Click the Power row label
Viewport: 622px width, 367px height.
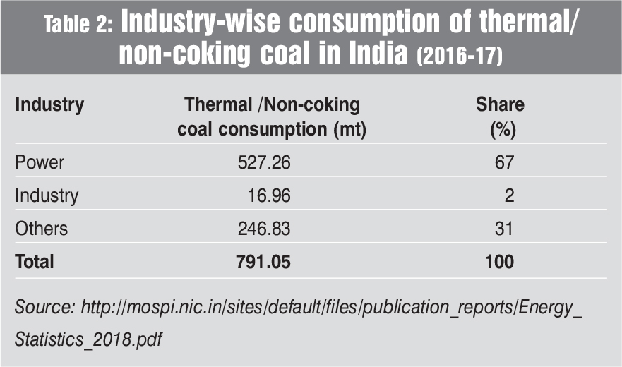pyautogui.click(x=40, y=162)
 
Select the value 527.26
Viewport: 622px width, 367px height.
pyautogui.click(x=264, y=162)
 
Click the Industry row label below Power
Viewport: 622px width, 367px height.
pyautogui.click(x=47, y=195)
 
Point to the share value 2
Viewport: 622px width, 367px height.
pyautogui.click(x=509, y=195)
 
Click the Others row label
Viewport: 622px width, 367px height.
pyautogui.click(x=42, y=229)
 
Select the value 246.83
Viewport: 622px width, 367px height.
pyautogui.click(x=264, y=229)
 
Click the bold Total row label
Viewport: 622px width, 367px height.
pyautogui.click(x=35, y=262)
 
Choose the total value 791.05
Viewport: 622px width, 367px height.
pyautogui.click(x=264, y=262)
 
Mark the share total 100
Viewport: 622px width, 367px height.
pyautogui.click(x=499, y=262)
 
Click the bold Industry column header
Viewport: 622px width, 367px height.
pyautogui.click(x=49, y=105)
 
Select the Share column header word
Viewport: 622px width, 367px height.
pyautogui.click(x=500, y=105)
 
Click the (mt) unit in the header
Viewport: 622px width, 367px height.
pyautogui.click(x=349, y=130)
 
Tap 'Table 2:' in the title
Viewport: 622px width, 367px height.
pyautogui.click(x=78, y=25)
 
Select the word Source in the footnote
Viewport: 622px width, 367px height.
pyautogui.click(x=44, y=308)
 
